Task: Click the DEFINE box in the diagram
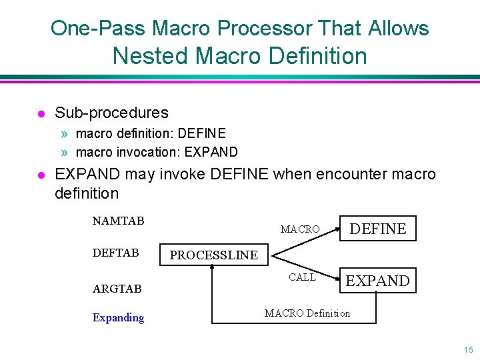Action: coord(378,229)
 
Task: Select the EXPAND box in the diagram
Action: coord(378,281)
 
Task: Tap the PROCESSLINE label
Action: coord(213,255)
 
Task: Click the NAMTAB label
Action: coord(118,221)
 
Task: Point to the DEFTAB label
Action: coord(116,253)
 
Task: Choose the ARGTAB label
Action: coord(117,289)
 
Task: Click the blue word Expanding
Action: coord(118,317)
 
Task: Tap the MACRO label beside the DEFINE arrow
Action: coord(300,229)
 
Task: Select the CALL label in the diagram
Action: coord(302,277)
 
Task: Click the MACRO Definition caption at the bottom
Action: coord(307,313)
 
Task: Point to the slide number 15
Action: coord(468,349)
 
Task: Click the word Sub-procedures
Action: coord(111,113)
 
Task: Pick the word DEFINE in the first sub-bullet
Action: coord(203,133)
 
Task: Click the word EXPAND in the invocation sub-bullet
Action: coord(211,151)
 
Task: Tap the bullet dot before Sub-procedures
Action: coord(41,113)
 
